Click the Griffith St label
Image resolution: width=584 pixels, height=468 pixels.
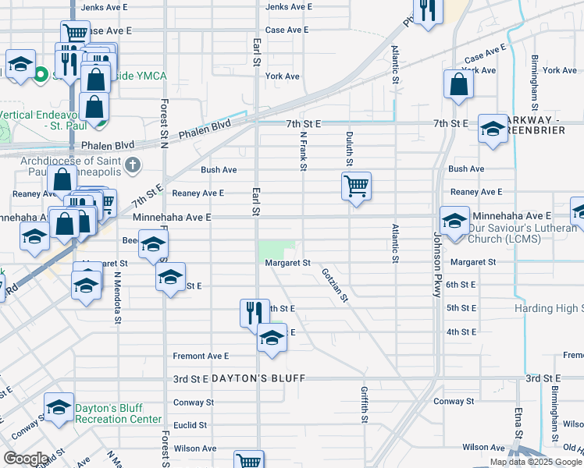click(365, 404)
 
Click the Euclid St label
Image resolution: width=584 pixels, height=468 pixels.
click(191, 425)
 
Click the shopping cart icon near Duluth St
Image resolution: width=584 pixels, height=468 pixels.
click(356, 186)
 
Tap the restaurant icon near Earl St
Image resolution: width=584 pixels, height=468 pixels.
click(255, 313)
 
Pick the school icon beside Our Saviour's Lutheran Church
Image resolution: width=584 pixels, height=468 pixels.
click(454, 221)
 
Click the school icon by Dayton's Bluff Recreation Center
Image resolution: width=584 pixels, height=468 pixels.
click(59, 409)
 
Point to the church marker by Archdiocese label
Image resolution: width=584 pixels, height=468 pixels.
click(133, 165)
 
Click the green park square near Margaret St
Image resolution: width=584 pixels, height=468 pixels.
click(270, 250)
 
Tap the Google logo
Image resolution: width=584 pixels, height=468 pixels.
click(26, 459)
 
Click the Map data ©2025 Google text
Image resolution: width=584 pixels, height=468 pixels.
click(535, 462)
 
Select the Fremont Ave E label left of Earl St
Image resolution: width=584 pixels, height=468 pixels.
click(201, 356)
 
